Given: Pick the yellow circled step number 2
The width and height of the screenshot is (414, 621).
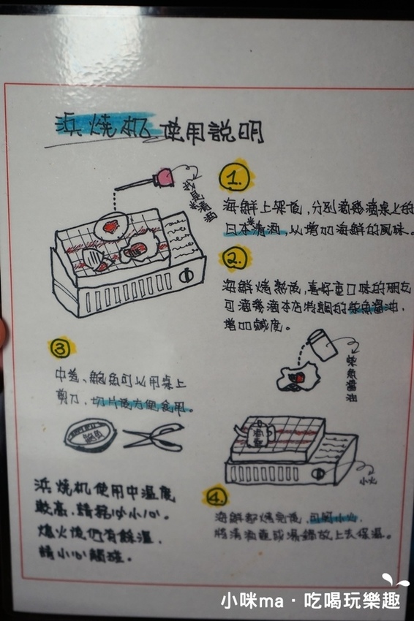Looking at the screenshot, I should pos(235,259).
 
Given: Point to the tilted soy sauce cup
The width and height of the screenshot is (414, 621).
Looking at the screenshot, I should pos(323,343).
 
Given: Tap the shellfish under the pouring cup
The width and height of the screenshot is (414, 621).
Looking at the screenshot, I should pos(296,378).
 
